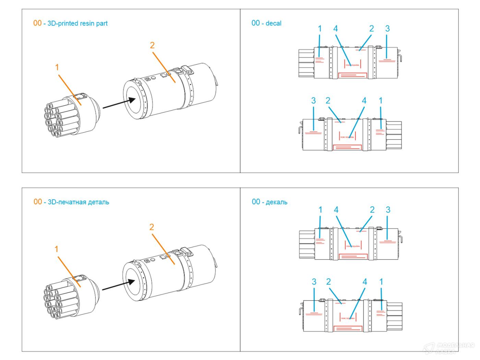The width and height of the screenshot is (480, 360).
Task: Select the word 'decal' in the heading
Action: point(273,23)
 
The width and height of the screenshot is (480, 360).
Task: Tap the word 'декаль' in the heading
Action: point(276,202)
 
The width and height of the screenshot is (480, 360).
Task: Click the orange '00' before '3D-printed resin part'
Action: point(37,23)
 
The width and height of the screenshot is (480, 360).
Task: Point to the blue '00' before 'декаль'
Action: point(256,202)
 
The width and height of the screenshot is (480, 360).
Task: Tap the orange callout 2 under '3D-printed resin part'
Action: point(152,45)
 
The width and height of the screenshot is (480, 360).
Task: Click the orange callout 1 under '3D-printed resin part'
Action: point(57,68)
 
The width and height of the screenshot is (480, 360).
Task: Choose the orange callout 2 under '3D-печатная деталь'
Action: point(152,227)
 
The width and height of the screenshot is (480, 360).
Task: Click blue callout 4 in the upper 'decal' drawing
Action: point(336,29)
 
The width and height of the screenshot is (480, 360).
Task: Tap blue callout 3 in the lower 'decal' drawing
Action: point(313,101)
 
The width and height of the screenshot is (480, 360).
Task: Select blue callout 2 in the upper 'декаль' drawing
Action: point(372,210)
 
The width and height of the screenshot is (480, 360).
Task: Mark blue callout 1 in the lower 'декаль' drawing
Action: point(381,282)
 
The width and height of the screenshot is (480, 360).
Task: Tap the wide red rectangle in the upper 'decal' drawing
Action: point(352,75)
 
